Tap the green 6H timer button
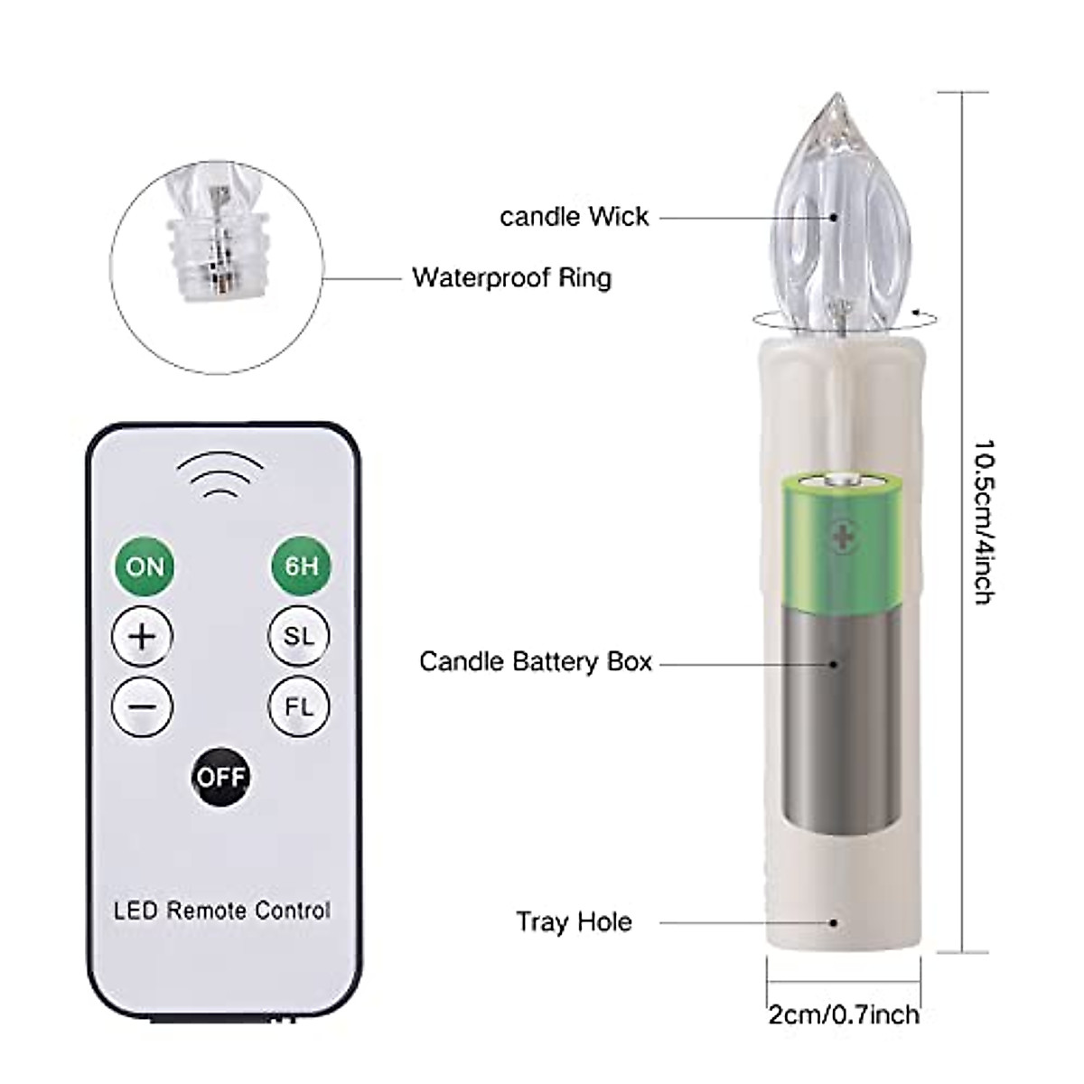301,566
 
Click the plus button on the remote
143,636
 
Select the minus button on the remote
143,706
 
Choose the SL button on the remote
299,636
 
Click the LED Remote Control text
222,911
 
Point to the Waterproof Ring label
511,277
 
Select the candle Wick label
575,217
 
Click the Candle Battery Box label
536,662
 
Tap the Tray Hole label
574,922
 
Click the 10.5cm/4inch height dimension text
985,521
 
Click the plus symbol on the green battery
842,539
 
